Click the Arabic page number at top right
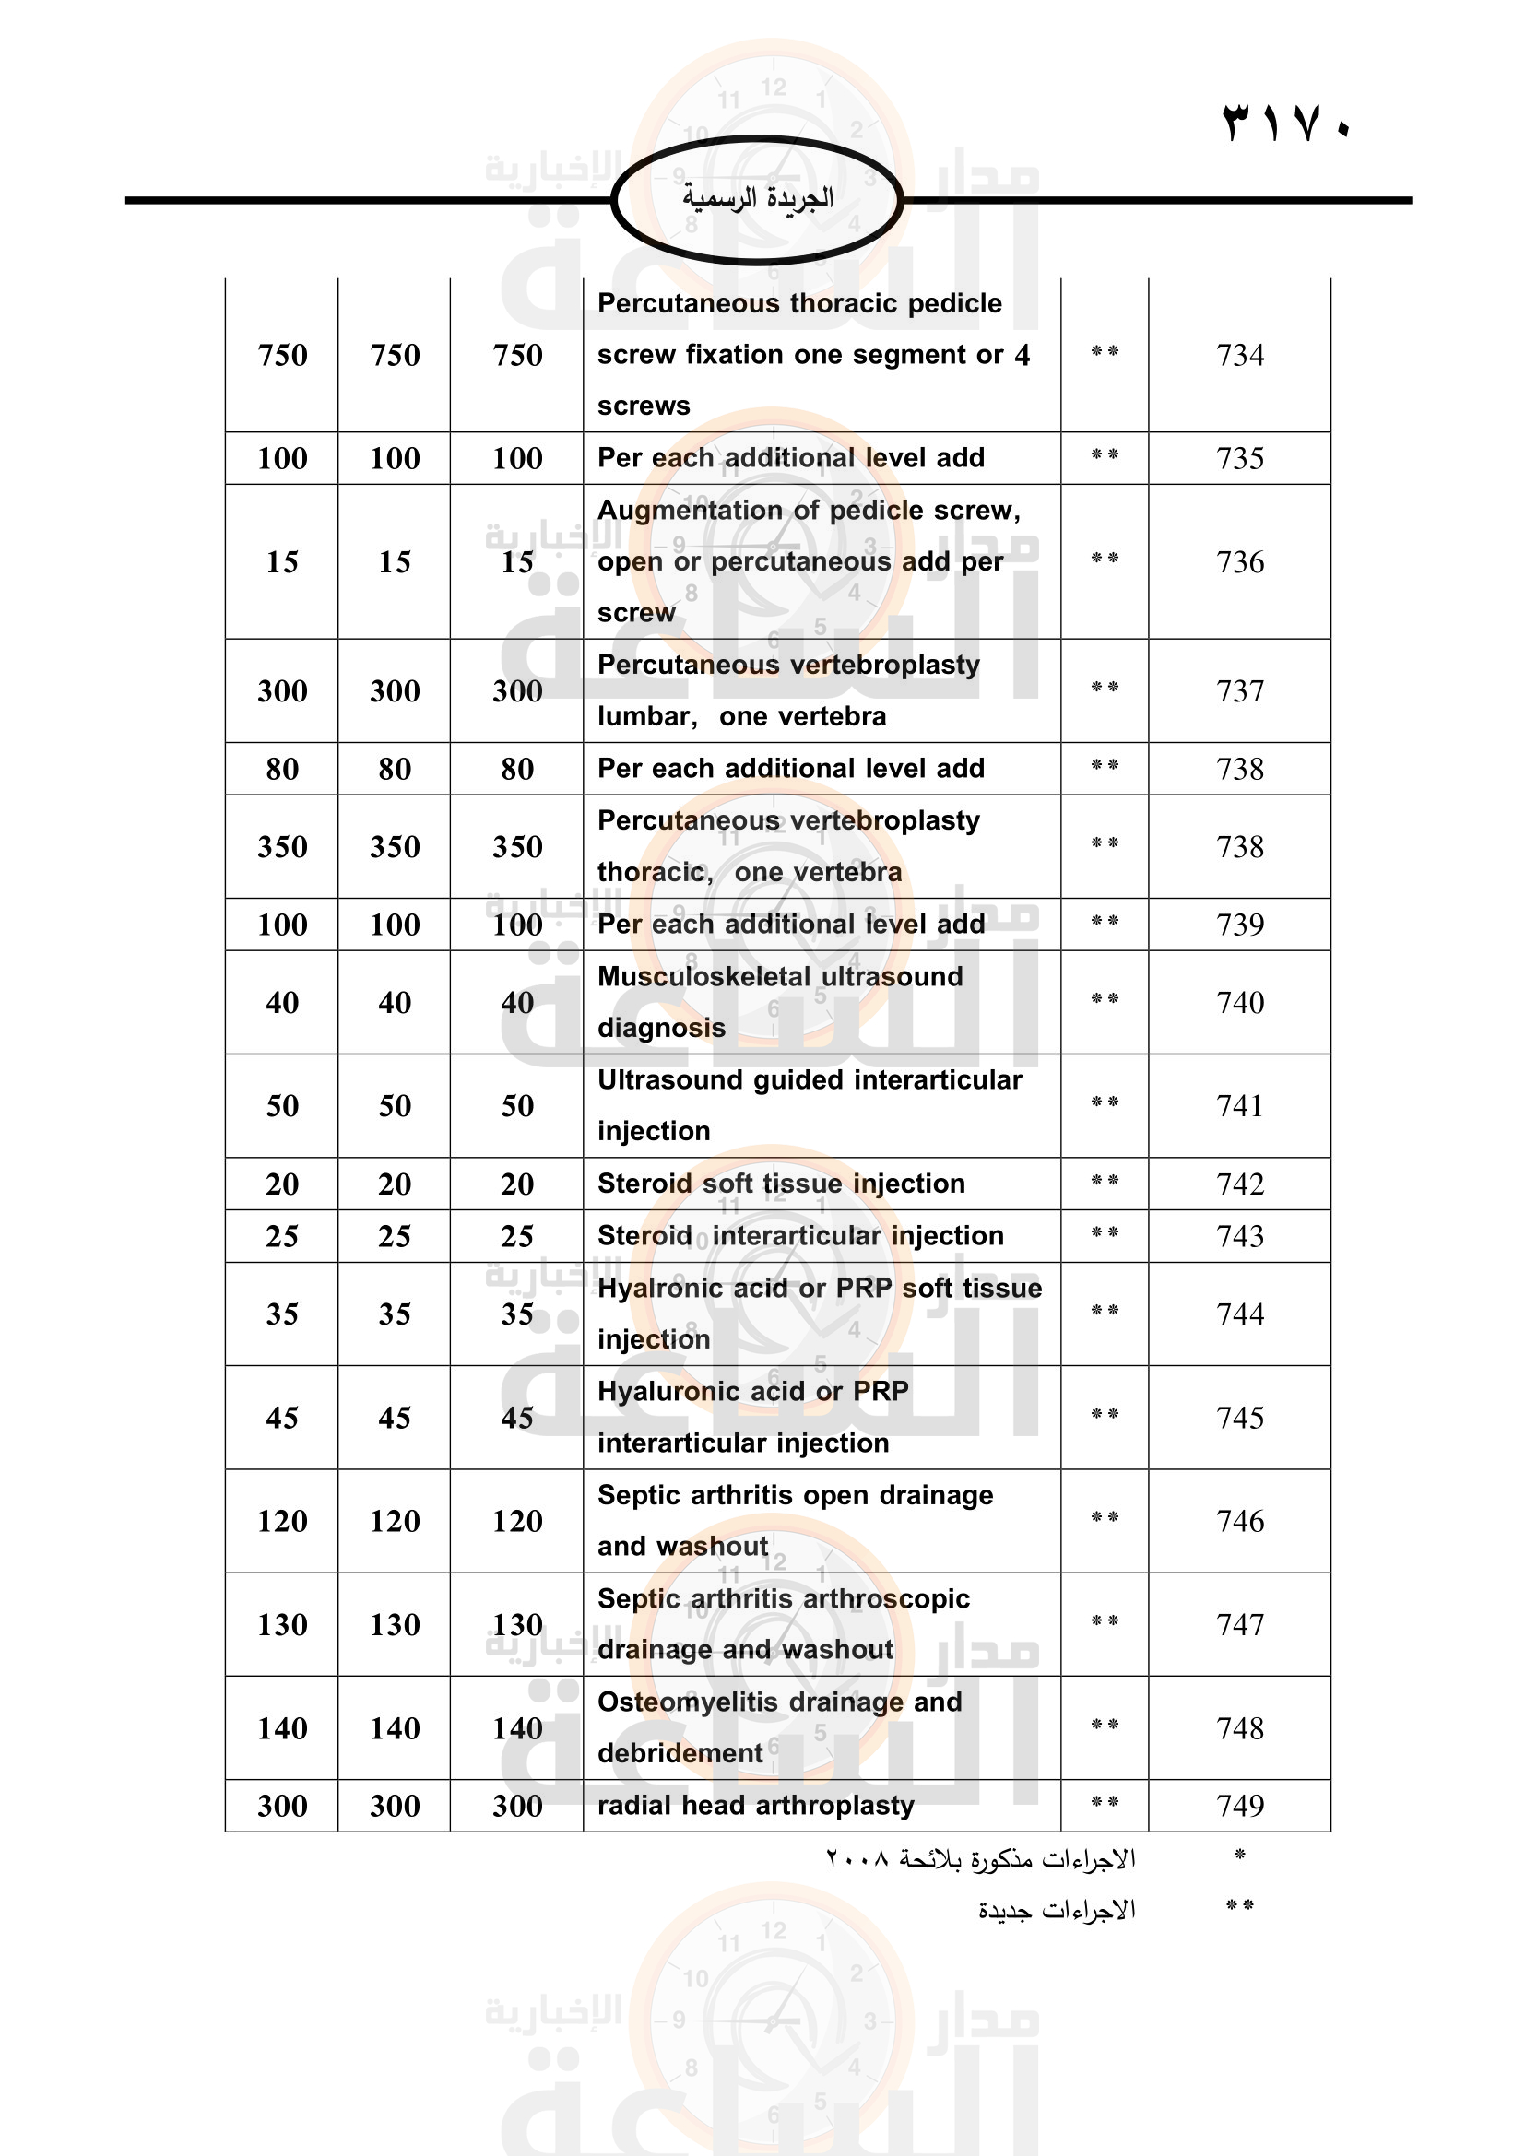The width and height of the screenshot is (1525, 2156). click(1285, 123)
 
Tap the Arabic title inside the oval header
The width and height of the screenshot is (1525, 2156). click(758, 197)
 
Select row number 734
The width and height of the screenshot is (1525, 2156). click(1239, 355)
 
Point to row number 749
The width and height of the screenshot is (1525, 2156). click(1239, 1805)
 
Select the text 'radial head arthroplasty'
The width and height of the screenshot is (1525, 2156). click(755, 1805)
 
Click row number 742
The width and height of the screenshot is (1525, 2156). click(1239, 1184)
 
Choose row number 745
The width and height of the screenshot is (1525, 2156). click(1239, 1417)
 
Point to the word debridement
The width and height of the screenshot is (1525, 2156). click(680, 1753)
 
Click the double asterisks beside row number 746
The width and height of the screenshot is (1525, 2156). click(1105, 1517)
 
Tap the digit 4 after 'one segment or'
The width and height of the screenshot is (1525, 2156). click(1022, 355)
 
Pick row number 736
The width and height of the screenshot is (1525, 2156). click(1239, 561)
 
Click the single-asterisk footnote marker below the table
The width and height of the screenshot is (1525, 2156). click(1239, 1856)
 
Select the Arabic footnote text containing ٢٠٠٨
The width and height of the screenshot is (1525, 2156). click(980, 1858)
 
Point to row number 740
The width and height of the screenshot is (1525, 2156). click(1239, 1002)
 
